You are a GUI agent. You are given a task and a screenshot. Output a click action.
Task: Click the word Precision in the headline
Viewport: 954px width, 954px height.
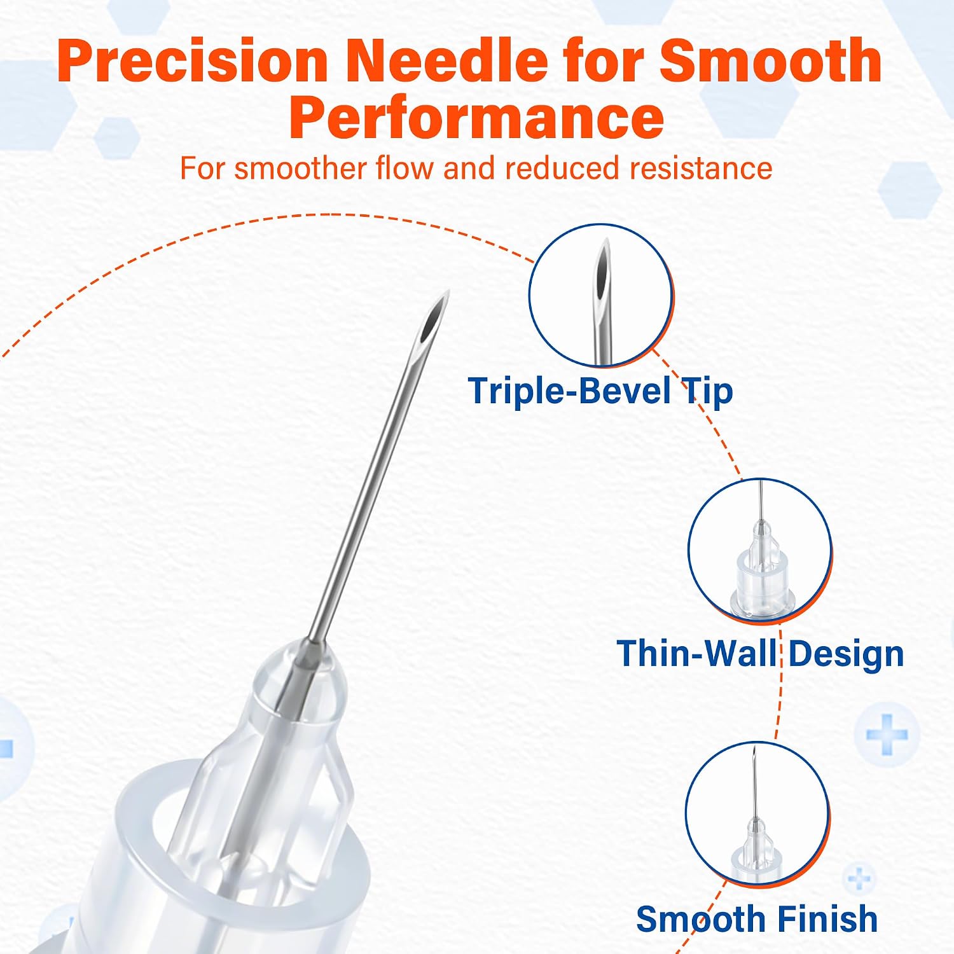tap(193, 61)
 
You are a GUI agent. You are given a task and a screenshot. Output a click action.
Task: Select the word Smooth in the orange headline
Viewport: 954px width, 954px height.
tap(770, 61)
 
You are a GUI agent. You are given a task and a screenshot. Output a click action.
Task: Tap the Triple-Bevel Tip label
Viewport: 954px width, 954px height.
tap(600, 391)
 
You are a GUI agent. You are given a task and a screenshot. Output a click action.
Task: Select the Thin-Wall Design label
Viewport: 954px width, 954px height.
tap(760, 654)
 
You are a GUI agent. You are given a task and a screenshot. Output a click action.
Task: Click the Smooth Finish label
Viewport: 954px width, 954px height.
tap(757, 919)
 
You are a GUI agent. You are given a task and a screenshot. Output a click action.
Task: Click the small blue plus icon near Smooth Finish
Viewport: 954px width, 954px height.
tap(859, 878)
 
